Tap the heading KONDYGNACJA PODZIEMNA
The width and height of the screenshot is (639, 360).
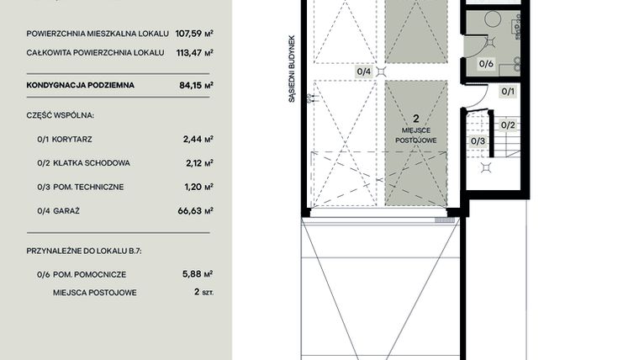pos(81,85)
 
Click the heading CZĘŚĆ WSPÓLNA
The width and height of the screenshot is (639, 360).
pos(60,114)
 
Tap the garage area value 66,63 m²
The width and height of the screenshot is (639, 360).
pos(197,211)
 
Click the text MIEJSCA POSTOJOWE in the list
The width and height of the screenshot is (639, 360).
pos(94,293)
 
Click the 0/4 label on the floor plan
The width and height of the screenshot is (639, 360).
pos(363,71)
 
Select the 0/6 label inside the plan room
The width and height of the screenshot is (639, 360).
pos(486,63)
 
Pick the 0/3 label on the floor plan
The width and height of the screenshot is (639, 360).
pos(478,140)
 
